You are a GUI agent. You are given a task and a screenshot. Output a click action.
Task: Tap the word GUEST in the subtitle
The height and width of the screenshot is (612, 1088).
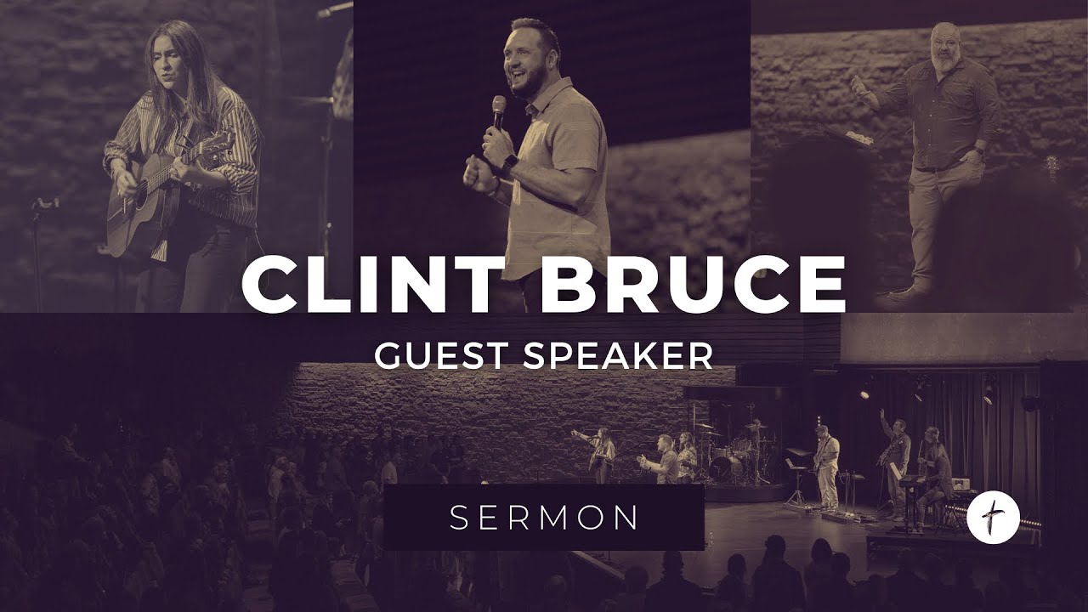pos(442,355)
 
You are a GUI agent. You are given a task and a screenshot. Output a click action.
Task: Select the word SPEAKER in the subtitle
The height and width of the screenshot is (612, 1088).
pos(618,355)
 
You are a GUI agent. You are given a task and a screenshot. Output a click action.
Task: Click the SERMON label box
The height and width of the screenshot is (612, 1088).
pos(544,517)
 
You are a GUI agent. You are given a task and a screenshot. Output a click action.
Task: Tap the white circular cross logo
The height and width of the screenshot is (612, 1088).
pos(993,515)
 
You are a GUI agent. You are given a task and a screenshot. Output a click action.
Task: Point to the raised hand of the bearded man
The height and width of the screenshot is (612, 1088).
pos(858,86)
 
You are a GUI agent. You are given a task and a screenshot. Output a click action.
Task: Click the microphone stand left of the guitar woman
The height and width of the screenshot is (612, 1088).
pos(38,246)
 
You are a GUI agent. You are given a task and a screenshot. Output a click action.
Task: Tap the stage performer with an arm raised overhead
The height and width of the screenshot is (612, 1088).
pos(894,459)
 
